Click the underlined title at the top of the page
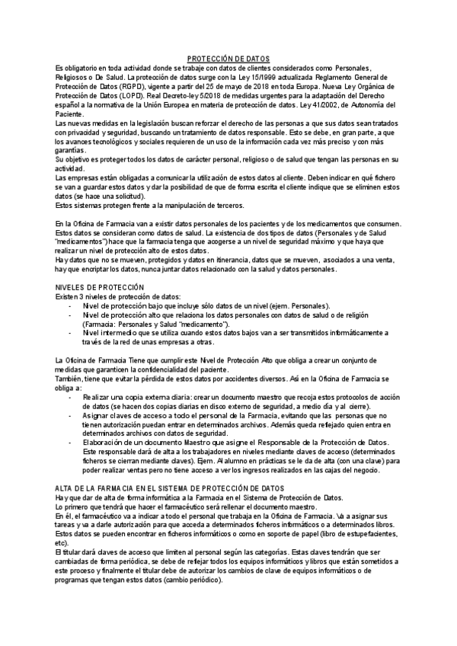pyautogui.click(x=228, y=59)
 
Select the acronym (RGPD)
pyautogui.click(x=152, y=86)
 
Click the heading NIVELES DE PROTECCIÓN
pyautogui.click(x=100, y=286)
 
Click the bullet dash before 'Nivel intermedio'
pyautogui.click(x=70, y=332)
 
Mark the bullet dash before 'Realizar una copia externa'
pyautogui.click(x=70, y=397)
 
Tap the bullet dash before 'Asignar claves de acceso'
pyautogui.click(x=70, y=415)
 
